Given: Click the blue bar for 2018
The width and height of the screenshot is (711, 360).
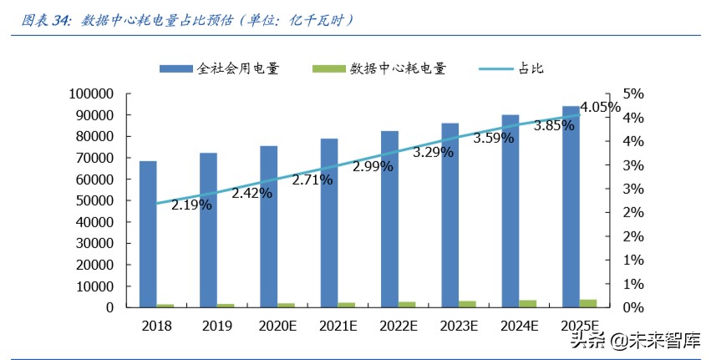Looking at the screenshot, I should pos(148,234).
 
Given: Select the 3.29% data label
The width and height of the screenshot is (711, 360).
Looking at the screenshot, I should pos(433,152).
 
